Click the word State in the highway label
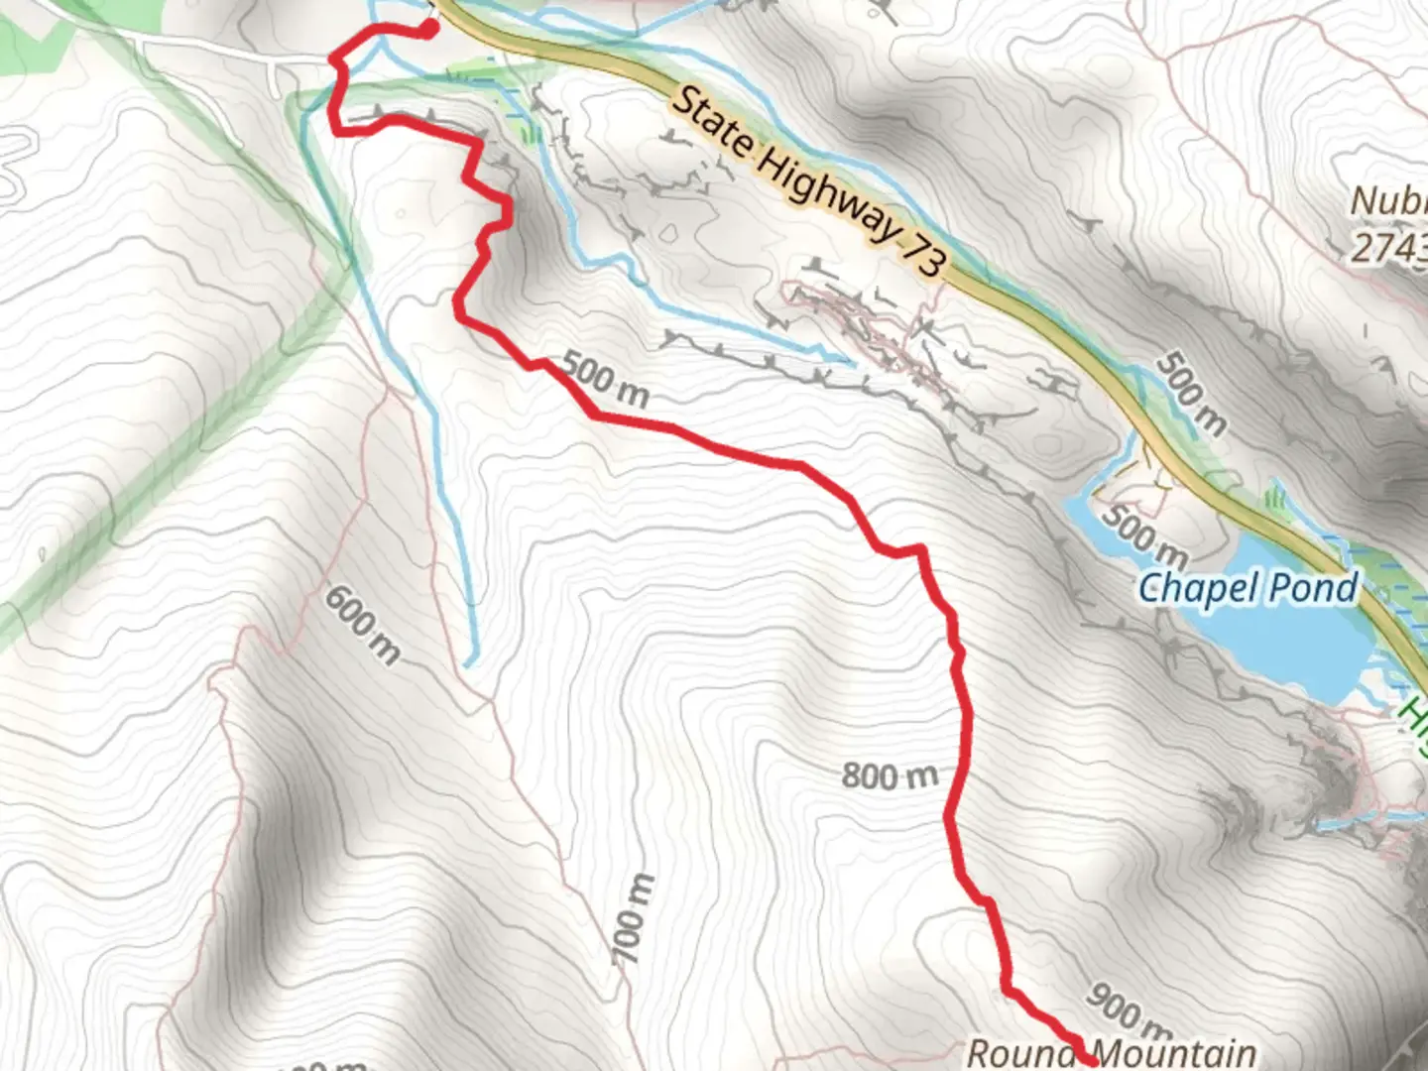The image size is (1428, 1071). click(x=715, y=127)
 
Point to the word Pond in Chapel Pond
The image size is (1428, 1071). click(x=1314, y=588)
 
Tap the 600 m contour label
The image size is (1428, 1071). click(x=363, y=625)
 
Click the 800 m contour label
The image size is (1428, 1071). click(x=889, y=774)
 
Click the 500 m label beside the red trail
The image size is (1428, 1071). click(x=605, y=381)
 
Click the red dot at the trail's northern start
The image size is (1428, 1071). click(x=428, y=30)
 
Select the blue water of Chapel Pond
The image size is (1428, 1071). click(x=1289, y=645)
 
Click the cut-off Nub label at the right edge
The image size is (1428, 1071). click(x=1388, y=201)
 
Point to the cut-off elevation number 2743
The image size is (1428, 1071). click(x=1388, y=247)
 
